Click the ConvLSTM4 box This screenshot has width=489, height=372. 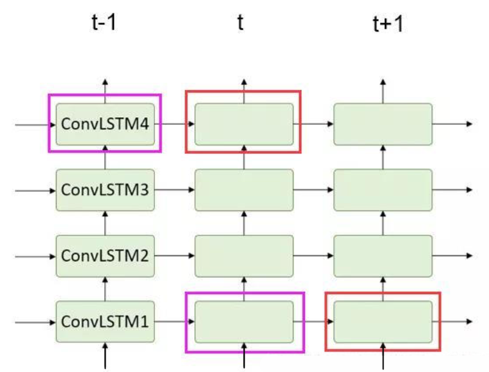[105, 124]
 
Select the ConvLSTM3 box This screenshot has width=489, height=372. [105, 190]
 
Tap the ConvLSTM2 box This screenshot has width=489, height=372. [105, 256]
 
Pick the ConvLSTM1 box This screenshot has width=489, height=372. [105, 321]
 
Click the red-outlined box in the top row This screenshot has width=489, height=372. [243, 122]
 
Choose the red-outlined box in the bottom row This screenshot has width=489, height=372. [383, 321]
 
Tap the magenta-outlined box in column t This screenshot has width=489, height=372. [244, 322]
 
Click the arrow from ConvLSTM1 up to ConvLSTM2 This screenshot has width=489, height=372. [106, 289]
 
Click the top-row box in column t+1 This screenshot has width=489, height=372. [383, 124]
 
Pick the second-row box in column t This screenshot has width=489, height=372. [244, 190]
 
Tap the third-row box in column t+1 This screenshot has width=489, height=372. [383, 256]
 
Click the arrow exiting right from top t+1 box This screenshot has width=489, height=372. [453, 124]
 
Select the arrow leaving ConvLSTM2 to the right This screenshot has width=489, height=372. [174, 256]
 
